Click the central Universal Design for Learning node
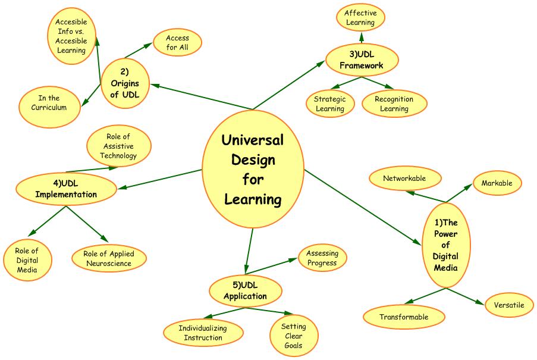[x=253, y=169]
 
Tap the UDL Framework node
[x=362, y=60]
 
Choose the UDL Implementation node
[x=65, y=189]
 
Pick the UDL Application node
[x=245, y=291]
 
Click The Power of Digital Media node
[x=445, y=245]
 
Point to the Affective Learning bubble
[x=360, y=18]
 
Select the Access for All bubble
[x=178, y=43]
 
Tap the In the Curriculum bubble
[x=49, y=102]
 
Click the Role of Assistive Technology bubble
[x=118, y=146]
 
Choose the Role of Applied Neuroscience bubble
[x=109, y=258]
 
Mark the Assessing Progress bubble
[x=322, y=258]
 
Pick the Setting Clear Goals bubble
[x=293, y=336]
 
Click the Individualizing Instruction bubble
[x=203, y=333]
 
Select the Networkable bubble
[x=404, y=178]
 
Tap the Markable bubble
[x=497, y=183]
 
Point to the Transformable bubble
[x=404, y=317]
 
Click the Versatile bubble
[x=508, y=305]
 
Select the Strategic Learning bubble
[x=329, y=104]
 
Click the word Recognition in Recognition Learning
[x=394, y=99]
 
